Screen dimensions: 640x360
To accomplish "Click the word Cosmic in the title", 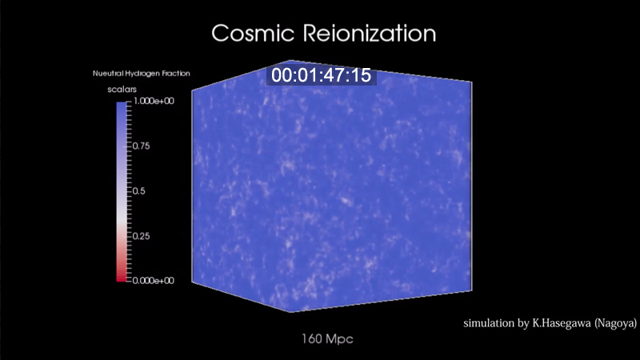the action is [253, 33].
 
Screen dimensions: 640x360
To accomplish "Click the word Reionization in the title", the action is [370, 33].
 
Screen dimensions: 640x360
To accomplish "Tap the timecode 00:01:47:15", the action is [322, 75].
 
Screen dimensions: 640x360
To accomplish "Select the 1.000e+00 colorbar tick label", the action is [154, 101].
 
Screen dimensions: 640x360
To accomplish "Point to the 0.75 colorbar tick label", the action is [142, 146].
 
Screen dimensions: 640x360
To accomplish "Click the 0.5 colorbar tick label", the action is [138, 191].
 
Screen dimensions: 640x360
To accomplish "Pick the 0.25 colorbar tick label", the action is [142, 236].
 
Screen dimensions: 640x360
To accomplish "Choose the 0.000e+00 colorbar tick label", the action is [154, 281].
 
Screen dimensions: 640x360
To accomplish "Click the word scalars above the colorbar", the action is [122, 90].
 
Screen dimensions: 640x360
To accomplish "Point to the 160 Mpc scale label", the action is [327, 338].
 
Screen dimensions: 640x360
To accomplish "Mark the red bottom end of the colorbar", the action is [122, 278].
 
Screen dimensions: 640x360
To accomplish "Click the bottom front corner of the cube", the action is [290, 312].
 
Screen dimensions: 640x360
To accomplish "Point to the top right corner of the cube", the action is [472, 82].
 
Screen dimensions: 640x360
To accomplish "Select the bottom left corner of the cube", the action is [192, 282].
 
